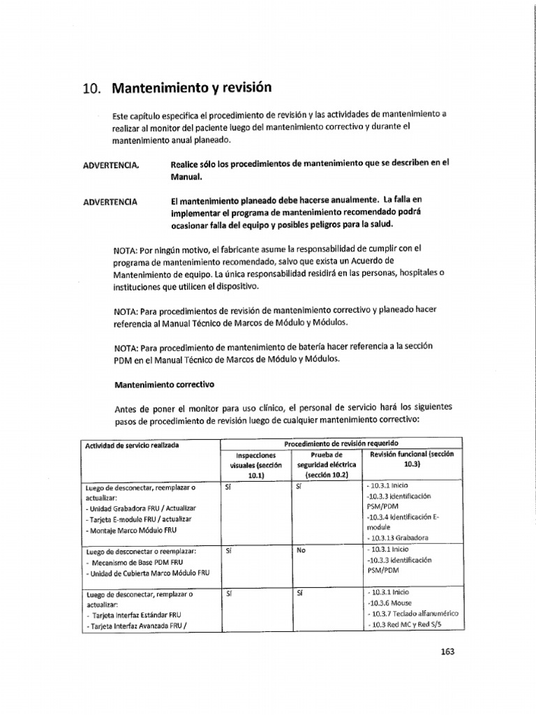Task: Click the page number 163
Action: [447, 652]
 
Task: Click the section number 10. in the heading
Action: [92, 89]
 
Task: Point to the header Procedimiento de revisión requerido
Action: [341, 443]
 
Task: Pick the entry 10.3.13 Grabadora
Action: [397, 538]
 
